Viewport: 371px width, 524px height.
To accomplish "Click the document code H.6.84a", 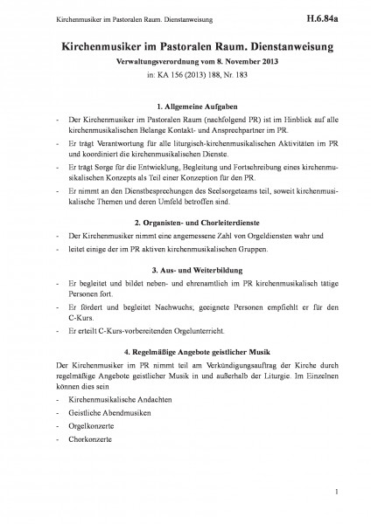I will tap(332, 16).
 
